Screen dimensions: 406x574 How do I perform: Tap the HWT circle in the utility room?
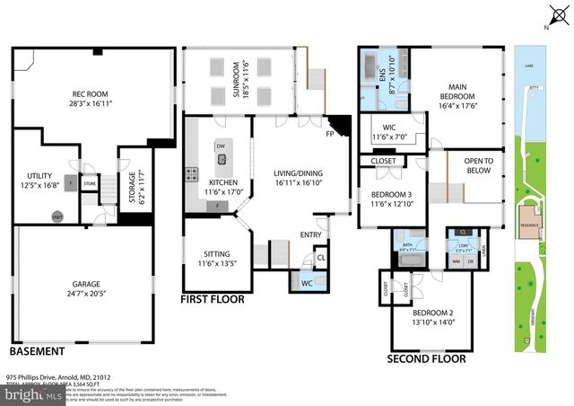[x=57, y=216]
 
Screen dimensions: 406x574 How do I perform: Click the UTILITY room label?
[x=39, y=176]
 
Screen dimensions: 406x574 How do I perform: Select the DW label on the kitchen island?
[x=221, y=146]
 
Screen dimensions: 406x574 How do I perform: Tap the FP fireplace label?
[x=330, y=134]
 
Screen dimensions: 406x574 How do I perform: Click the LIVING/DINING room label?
[x=288, y=172]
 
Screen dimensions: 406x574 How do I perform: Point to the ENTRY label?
[x=310, y=235]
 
